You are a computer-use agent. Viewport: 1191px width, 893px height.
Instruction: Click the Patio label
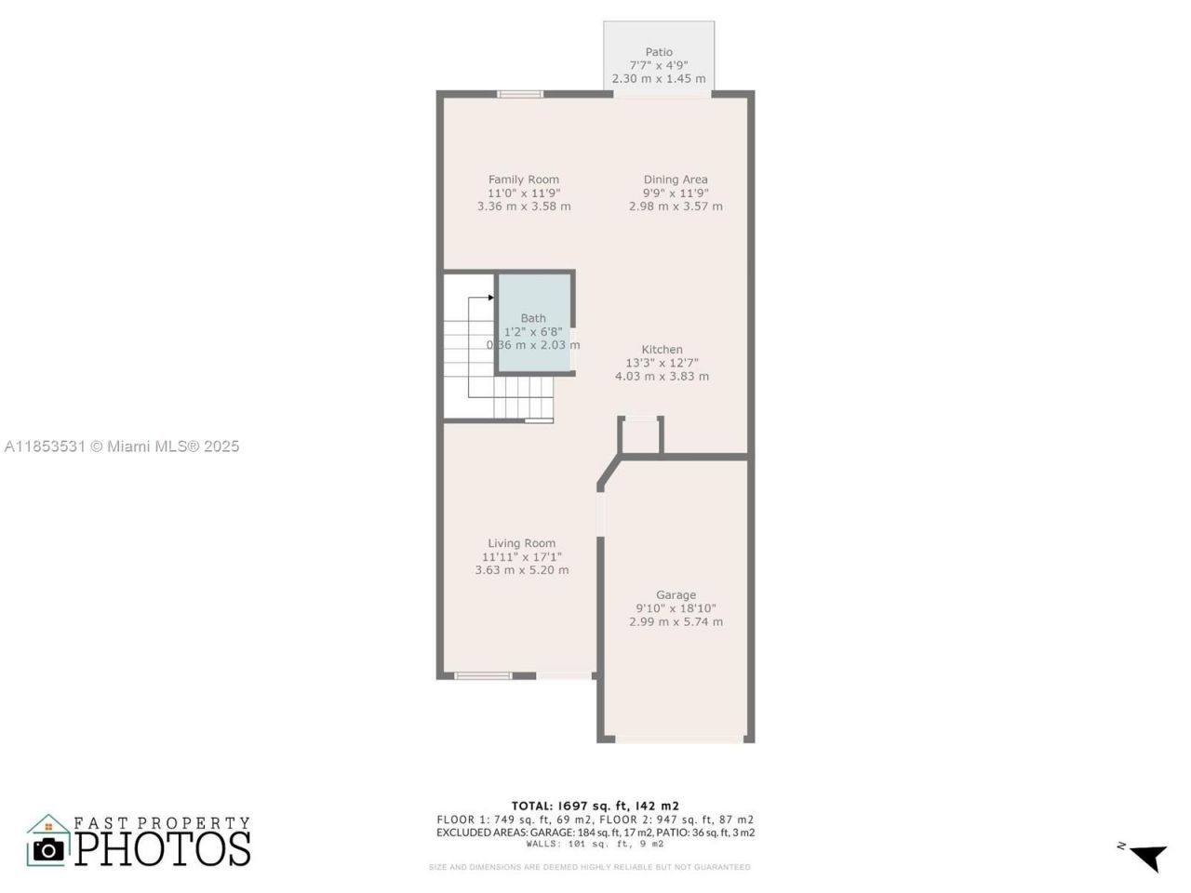pyautogui.click(x=659, y=52)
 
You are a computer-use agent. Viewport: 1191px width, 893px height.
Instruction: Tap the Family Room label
pyautogui.click(x=524, y=180)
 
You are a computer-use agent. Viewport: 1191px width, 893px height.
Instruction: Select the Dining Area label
pyautogui.click(x=676, y=180)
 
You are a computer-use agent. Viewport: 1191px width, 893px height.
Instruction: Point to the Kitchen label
pyautogui.click(x=662, y=350)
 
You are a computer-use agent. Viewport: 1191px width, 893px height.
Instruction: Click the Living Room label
pyautogui.click(x=521, y=543)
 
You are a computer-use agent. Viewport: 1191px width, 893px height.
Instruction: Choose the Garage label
pyautogui.click(x=676, y=595)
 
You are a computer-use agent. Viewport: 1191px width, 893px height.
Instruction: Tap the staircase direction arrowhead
pyautogui.click(x=490, y=298)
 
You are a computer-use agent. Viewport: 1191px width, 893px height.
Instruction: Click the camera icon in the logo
pyautogui.click(x=48, y=848)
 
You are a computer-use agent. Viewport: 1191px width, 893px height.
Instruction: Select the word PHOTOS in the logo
pyautogui.click(x=163, y=848)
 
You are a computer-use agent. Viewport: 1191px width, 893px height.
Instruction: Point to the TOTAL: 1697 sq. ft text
pyautogui.click(x=595, y=806)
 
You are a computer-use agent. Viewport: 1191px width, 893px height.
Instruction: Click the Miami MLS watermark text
pyautogui.click(x=122, y=446)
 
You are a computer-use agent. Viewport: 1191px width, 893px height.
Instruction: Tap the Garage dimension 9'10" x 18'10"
pyautogui.click(x=676, y=608)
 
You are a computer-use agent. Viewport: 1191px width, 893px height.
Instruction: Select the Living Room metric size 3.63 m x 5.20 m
pyautogui.click(x=521, y=570)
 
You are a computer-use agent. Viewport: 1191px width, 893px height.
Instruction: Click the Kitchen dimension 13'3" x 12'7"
pyautogui.click(x=662, y=363)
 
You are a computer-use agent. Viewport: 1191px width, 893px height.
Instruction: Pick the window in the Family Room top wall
pyautogui.click(x=520, y=94)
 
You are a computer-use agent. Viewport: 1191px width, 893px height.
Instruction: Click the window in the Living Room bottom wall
pyautogui.click(x=483, y=675)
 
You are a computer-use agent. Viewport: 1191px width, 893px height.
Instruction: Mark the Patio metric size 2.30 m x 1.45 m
pyautogui.click(x=659, y=79)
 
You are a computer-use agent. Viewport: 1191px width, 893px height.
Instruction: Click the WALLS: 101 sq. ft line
pyautogui.click(x=595, y=845)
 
